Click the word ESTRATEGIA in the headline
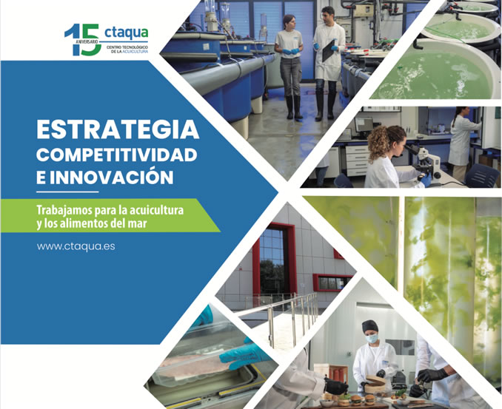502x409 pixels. (x=118, y=129)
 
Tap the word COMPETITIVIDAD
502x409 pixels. (x=116, y=155)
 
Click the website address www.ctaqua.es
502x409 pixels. (x=76, y=246)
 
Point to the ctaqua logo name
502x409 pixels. (x=126, y=33)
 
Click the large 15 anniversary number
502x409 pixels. (x=83, y=40)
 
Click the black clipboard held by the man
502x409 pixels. (x=328, y=50)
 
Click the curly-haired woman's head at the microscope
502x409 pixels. (x=386, y=142)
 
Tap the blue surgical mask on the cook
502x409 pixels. (x=372, y=338)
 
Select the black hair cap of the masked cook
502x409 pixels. (x=369, y=326)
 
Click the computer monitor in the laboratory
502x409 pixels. (x=364, y=124)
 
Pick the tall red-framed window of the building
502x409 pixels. (x=275, y=259)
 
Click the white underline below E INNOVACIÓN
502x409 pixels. (x=67, y=192)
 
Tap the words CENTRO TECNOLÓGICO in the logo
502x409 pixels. (x=127, y=47)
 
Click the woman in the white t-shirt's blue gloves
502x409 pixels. (x=291, y=51)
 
